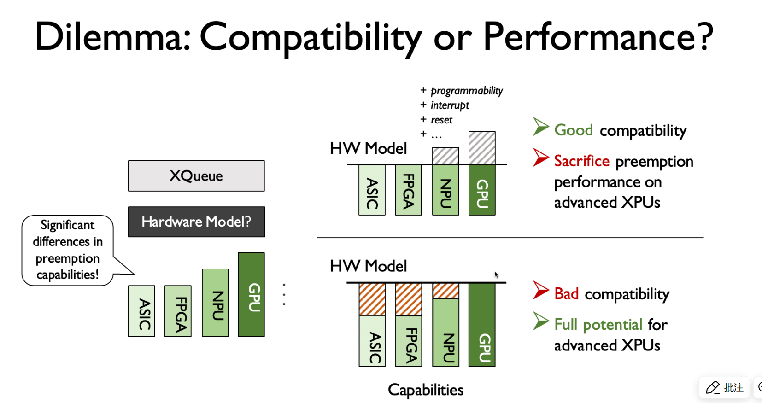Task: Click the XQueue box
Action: coord(196,176)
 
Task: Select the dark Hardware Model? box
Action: coord(197,222)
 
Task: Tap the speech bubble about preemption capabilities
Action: coord(68,250)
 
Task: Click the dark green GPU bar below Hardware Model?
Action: coord(251,294)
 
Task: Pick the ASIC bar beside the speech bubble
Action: coord(141,311)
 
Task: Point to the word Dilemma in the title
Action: coord(112,36)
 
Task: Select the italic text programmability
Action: coord(467,91)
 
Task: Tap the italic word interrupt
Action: coord(450,105)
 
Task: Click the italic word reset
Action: coord(441,120)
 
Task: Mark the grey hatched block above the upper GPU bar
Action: coord(482,148)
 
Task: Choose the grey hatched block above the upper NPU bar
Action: coord(445,156)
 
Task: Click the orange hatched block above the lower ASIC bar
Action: coord(372,299)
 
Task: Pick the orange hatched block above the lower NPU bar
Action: coord(445,291)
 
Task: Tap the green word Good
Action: coord(574,130)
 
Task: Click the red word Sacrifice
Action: coord(582,161)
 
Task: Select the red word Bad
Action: coord(566,293)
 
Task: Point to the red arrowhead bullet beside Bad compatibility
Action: coord(540,290)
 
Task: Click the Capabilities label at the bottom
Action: coord(426,390)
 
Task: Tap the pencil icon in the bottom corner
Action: coord(713,388)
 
